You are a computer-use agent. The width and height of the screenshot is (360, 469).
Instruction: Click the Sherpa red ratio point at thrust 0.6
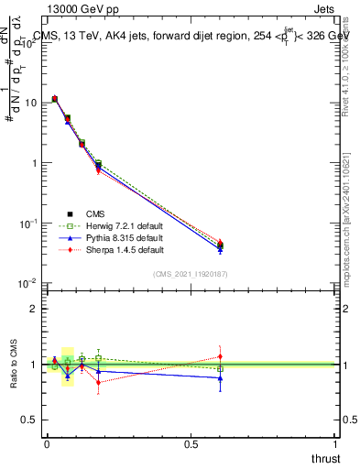[220, 356]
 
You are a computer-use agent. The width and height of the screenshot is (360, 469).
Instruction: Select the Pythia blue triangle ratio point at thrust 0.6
[220, 377]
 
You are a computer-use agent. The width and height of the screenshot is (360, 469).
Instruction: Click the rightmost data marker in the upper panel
[220, 245]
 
